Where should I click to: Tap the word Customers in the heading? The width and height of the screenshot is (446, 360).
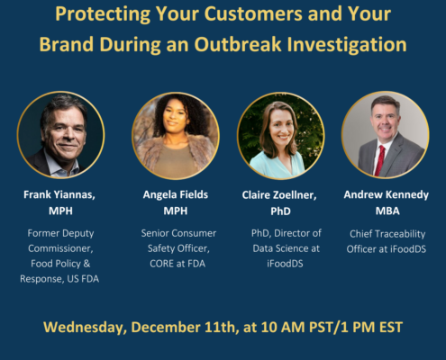coord(253,14)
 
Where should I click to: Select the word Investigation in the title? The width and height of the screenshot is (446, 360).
coord(347,45)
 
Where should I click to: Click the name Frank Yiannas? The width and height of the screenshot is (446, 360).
coord(59,195)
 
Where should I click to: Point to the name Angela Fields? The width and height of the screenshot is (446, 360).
coord(176,194)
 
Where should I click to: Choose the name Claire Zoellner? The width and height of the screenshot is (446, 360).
coord(279,195)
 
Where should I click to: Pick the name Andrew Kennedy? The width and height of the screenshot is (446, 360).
coord(387,195)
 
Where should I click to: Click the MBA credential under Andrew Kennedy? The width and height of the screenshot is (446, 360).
coord(387,211)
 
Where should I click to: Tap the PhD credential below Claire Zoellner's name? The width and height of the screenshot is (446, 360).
coord(280,211)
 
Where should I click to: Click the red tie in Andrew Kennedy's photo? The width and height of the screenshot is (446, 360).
coord(379,160)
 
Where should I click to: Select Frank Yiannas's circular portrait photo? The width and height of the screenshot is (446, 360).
coord(61,135)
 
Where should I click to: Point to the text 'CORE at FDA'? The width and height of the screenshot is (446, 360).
coord(177,264)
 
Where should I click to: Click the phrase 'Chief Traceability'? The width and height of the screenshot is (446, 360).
coord(387,234)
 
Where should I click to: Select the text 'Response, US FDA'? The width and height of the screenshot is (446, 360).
coord(59,279)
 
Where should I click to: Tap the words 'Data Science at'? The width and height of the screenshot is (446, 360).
coord(286,248)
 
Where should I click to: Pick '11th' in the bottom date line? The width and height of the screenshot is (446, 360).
coord(222,327)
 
